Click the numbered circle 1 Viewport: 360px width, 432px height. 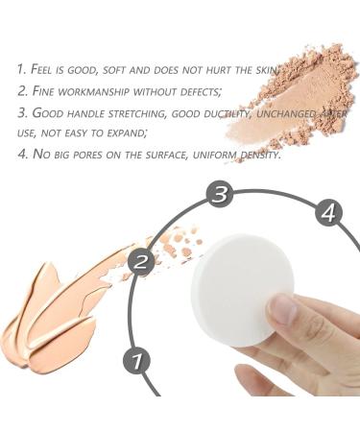coord(137,362)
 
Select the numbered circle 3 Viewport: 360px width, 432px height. coord(220,195)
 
